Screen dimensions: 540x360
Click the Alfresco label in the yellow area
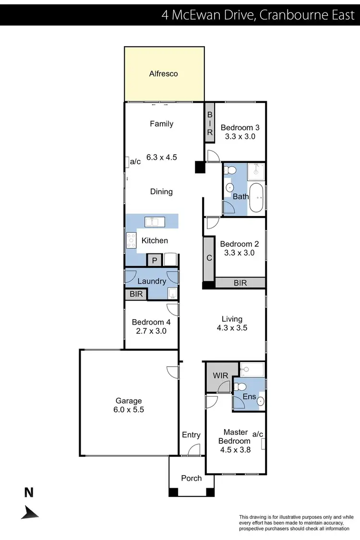tap(164, 73)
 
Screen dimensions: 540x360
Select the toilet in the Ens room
tap(241, 386)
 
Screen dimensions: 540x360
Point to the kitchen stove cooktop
tap(131, 240)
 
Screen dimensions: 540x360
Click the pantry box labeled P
tap(154, 260)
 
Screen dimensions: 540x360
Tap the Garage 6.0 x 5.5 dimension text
tap(129, 410)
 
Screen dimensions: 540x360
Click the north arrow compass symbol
tap(30, 512)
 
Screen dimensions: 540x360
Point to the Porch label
tap(191, 478)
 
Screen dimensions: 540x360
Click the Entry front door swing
tap(193, 450)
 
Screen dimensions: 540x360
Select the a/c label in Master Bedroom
tap(258, 433)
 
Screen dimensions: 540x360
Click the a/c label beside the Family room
tap(135, 162)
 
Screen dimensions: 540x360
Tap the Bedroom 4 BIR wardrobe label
tap(136, 294)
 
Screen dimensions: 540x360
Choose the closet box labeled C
tap(209, 257)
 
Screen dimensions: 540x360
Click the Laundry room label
tap(152, 281)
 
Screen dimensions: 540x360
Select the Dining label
tap(161, 192)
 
